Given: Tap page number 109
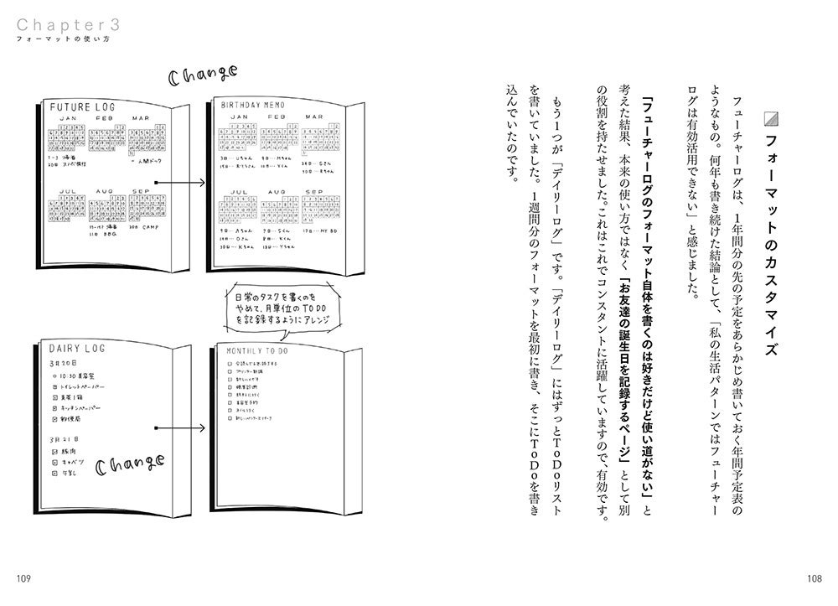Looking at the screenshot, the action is click(x=23, y=578).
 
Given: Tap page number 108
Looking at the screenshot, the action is click(x=814, y=578).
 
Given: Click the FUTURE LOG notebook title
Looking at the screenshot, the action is click(x=83, y=108).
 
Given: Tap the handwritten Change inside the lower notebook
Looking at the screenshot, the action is click(x=130, y=465).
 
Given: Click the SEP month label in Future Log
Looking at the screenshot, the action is click(x=142, y=192).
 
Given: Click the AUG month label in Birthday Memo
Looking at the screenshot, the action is click(x=273, y=191).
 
